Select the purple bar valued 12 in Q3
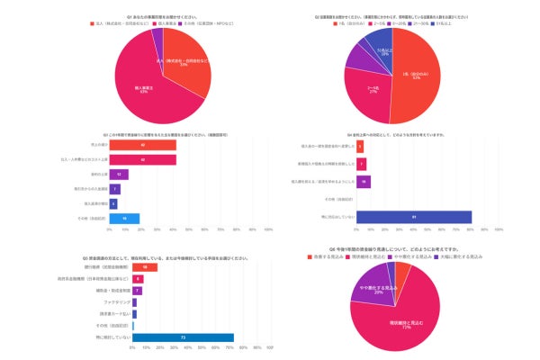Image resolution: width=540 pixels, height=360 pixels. pos(119,174)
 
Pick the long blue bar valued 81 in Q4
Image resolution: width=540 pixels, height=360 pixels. pos(413,217)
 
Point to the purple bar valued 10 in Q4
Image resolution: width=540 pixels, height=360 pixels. pos(364,181)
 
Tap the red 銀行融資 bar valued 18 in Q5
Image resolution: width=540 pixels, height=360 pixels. pos(144,267)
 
